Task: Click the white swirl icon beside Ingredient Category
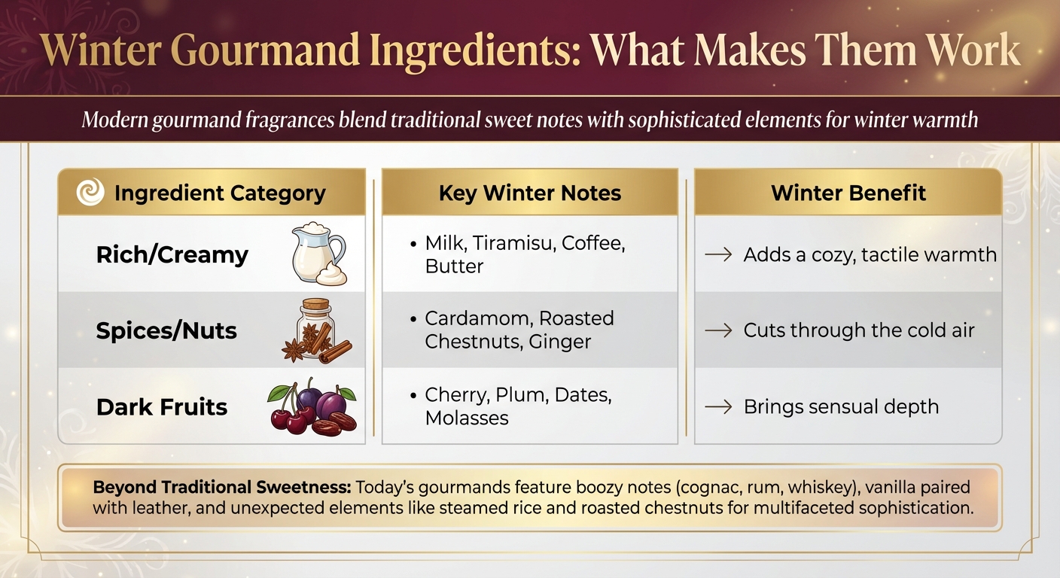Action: click(x=90, y=192)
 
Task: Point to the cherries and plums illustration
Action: click(x=312, y=406)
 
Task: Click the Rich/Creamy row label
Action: click(x=172, y=254)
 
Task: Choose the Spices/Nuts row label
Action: click(x=166, y=330)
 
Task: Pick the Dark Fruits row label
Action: click(x=162, y=406)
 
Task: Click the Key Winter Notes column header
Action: click(x=529, y=193)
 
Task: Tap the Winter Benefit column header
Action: click(x=848, y=193)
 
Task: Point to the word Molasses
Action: click(x=467, y=418)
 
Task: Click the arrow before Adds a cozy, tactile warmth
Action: click(x=718, y=255)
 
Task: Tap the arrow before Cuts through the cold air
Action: click(x=718, y=330)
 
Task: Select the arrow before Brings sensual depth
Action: click(x=718, y=406)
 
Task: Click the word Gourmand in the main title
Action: click(x=265, y=50)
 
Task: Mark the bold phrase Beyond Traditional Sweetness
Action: click(x=222, y=487)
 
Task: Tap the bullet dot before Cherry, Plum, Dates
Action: click(x=413, y=395)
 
